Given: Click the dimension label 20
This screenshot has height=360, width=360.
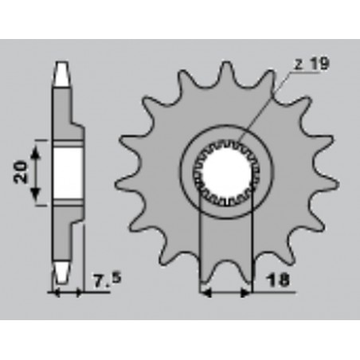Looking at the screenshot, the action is click(x=21, y=172).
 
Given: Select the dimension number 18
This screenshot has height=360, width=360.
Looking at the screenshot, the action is click(x=278, y=280).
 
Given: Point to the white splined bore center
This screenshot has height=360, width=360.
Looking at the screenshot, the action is click(x=226, y=173).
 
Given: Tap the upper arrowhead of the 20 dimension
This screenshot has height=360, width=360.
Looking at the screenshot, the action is click(x=36, y=154).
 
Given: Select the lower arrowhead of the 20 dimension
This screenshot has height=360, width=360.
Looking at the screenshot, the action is click(x=36, y=194).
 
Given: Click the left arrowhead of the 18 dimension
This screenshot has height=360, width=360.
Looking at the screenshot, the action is click(x=205, y=293).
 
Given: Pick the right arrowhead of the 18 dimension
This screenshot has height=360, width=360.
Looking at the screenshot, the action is click(x=245, y=293).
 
